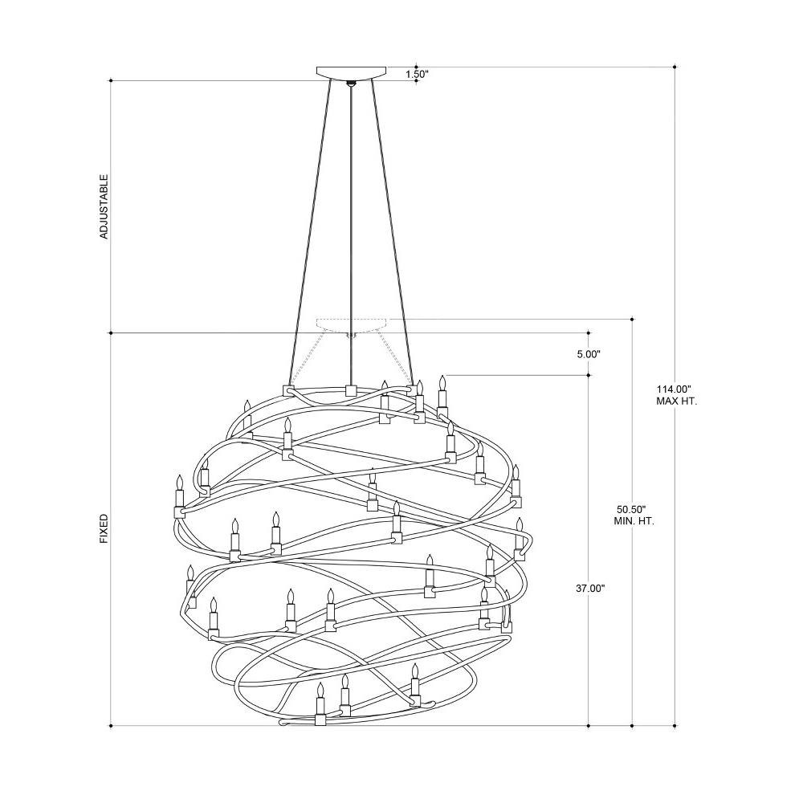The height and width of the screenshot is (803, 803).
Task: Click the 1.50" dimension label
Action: pos(417,74)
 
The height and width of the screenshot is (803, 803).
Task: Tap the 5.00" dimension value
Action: pos(589,354)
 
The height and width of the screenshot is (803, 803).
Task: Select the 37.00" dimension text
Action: pos(590,589)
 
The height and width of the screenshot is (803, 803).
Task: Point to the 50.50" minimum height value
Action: pos(631,510)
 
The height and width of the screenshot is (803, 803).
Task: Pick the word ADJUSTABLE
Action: pos(104,206)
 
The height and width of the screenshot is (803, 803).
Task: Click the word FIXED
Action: pos(104,529)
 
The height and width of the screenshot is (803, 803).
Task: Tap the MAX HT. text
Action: pos(676,401)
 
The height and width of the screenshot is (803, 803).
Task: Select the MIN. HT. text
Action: pos(634,521)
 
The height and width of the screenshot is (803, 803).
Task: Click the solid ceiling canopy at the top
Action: pos(352,72)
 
